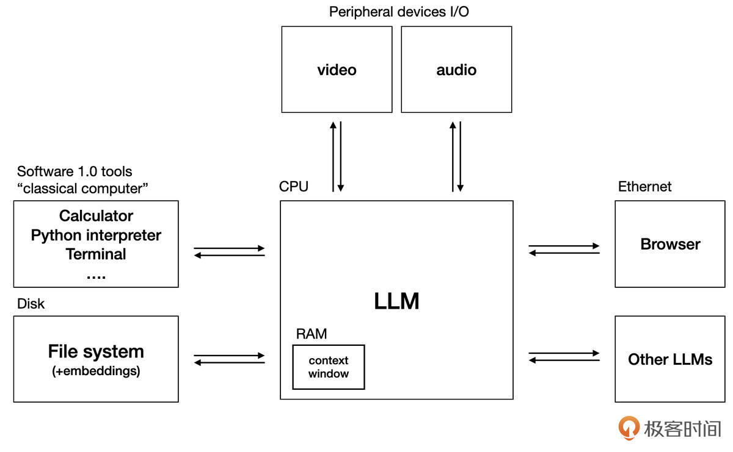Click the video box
pyautogui.click(x=337, y=70)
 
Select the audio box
pyautogui.click(x=456, y=70)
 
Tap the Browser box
pyautogui.click(x=670, y=244)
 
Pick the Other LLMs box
pyautogui.click(x=670, y=359)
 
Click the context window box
pyautogui.click(x=329, y=367)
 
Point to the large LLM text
pyautogui.click(x=396, y=301)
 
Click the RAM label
pyautogui.click(x=312, y=334)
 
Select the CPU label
pyautogui.click(x=294, y=187)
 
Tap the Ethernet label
pyautogui.click(x=644, y=187)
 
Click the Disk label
pyautogui.click(x=31, y=303)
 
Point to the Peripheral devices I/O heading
pyautogui.click(x=399, y=12)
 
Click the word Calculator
pyautogui.click(x=96, y=216)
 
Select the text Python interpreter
pyautogui.click(x=96, y=235)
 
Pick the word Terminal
pyautogui.click(x=96, y=254)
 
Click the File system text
pyautogui.click(x=96, y=351)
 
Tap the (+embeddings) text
pyautogui.click(x=96, y=371)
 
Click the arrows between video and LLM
pyautogui.click(x=337, y=156)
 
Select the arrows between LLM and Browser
pyautogui.click(x=564, y=249)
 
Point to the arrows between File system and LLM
pyautogui.click(x=229, y=359)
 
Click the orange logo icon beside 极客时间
pyautogui.click(x=629, y=428)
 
